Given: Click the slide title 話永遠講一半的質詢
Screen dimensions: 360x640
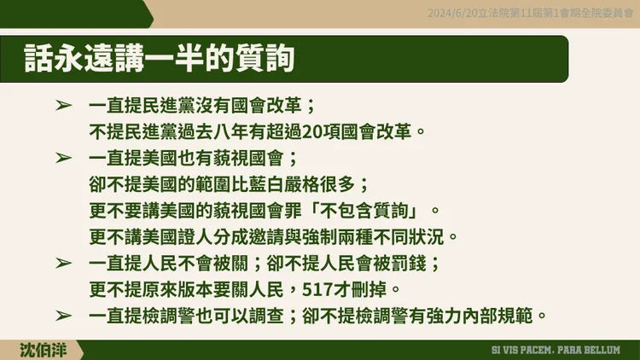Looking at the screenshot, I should [x=160, y=61].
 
